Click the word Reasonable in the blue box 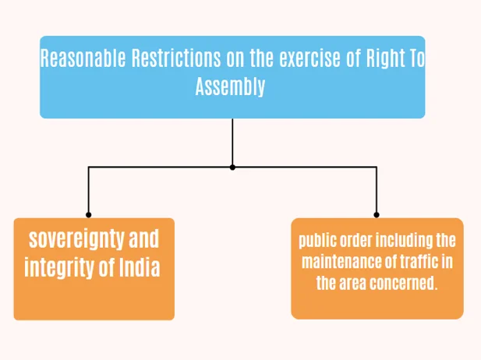click(83, 58)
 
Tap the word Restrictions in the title click(176, 58)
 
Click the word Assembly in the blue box click(230, 86)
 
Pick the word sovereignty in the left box click(76, 240)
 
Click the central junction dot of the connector click(232, 168)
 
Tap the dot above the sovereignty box click(88, 214)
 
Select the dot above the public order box click(377, 214)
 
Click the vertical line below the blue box click(232, 142)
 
